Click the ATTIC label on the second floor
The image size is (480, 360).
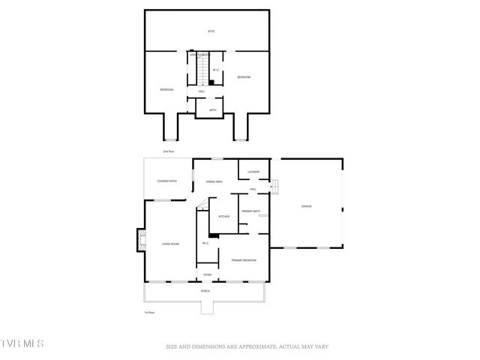211,31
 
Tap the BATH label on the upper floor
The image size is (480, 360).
202,110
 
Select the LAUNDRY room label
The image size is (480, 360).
253,172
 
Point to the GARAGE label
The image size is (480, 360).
306,206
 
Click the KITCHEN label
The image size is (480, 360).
223,217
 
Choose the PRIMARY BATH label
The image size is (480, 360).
250,211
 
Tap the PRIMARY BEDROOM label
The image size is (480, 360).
244,259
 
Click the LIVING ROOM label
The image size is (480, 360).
170,244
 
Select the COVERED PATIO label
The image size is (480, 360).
166,181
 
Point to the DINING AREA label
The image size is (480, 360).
214,181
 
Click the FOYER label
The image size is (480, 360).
206,275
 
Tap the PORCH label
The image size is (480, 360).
205,291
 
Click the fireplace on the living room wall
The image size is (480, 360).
139,240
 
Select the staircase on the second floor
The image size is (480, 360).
202,71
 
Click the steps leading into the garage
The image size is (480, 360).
275,186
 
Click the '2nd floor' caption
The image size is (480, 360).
169,151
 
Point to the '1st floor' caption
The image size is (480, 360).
149,312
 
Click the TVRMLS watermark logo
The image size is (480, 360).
22,344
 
